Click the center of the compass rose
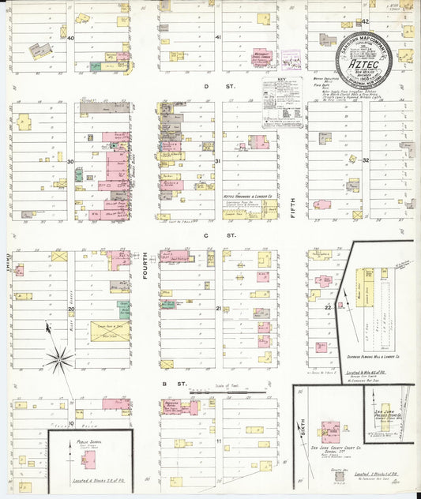tap(58, 359)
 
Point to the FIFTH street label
tap(291, 208)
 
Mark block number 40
tap(70, 38)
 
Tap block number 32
tap(366, 160)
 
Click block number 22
tap(327, 307)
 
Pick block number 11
tap(218, 441)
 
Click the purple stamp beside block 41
tap(291, 60)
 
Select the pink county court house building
tap(330, 432)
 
